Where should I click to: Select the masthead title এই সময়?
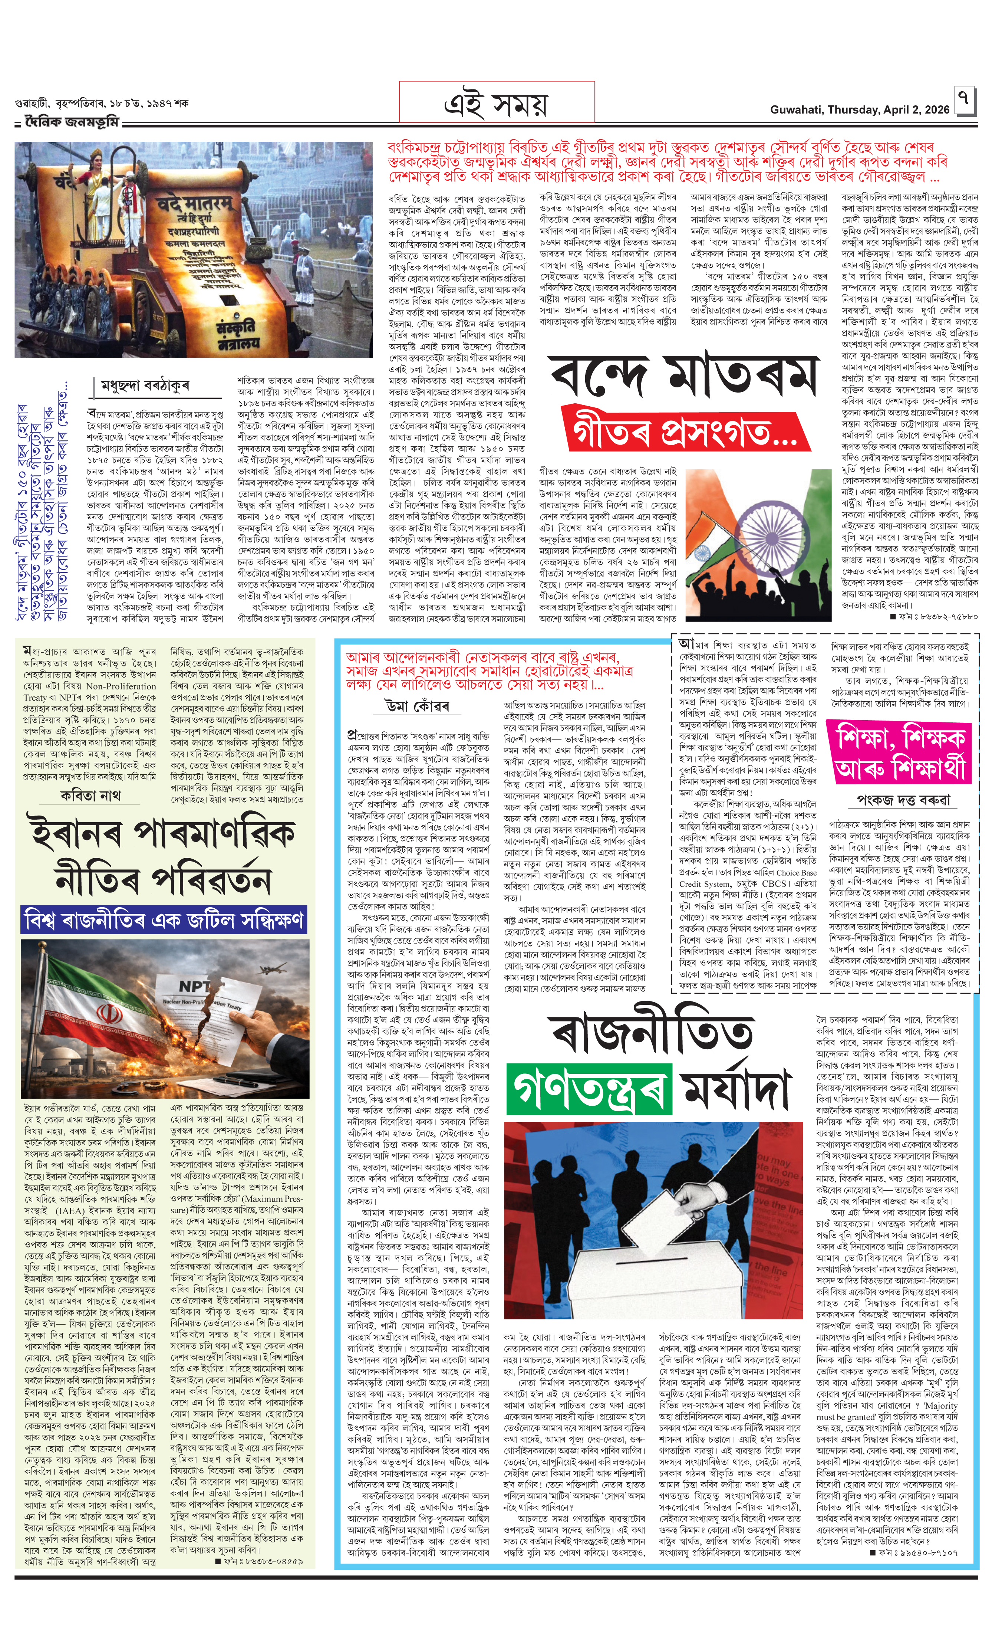tap(496, 103)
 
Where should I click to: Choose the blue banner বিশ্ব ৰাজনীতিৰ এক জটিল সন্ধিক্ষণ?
tap(164, 920)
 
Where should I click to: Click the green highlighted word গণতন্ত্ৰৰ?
tap(588, 1089)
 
